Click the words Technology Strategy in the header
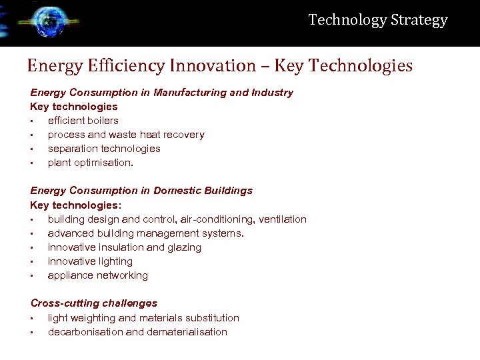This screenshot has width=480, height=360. pos(377,20)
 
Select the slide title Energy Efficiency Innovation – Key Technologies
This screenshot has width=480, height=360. pos(219,65)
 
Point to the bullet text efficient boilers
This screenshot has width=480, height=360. pos(83,121)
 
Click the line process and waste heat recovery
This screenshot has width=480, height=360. pos(126,135)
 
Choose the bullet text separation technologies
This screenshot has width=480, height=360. pos(104,149)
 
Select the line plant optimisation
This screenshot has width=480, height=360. pos(91,163)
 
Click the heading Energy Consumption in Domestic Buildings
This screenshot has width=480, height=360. pos(141,191)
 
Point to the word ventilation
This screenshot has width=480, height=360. pos(283,219)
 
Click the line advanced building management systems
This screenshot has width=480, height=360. pos(146,233)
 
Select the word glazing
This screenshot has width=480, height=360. pos(184,247)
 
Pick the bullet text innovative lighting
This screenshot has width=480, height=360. pos(90,261)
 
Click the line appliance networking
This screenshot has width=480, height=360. pos(98,275)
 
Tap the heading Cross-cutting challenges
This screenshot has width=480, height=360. pos(94,303)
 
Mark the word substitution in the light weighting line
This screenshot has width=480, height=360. pos(214,318)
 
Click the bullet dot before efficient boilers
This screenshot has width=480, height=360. pos(32,121)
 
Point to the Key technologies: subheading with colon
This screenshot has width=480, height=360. pos(75,205)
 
